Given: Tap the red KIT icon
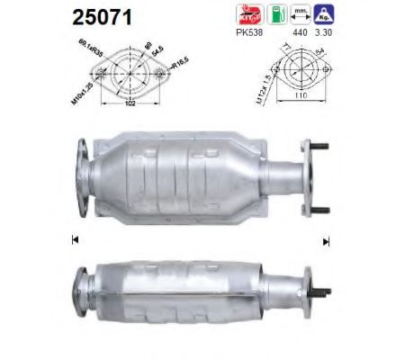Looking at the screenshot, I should pyautogui.click(x=249, y=14).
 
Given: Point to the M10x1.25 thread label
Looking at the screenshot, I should pyautogui.click(x=79, y=79).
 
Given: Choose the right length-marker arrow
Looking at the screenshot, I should pyautogui.click(x=327, y=239).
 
